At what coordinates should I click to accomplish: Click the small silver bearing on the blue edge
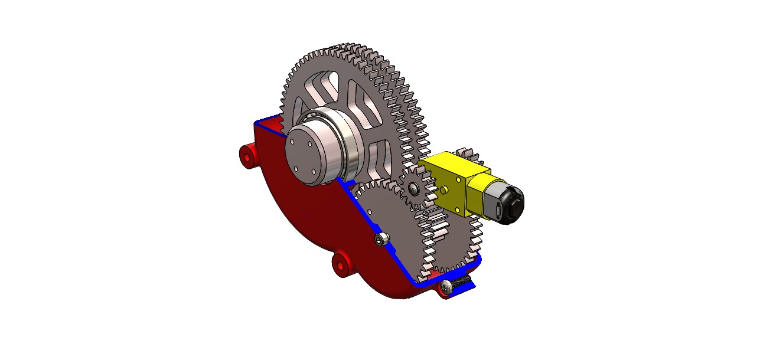pos(381,239)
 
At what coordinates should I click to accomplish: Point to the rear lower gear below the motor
pos(461,242)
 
